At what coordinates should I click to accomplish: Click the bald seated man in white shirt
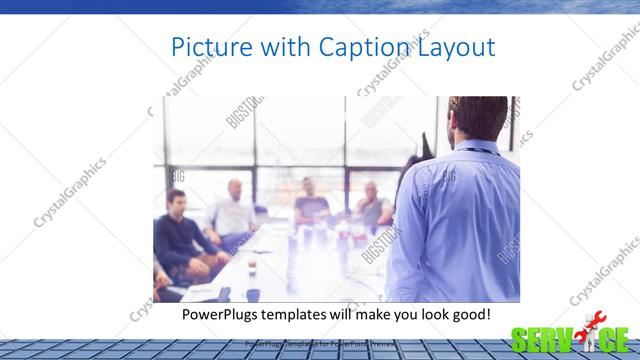pyautogui.click(x=235, y=210)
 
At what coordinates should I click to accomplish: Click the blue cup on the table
pyautogui.click(x=253, y=295)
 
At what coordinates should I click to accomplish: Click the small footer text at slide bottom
pyautogui.click(x=320, y=344)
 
